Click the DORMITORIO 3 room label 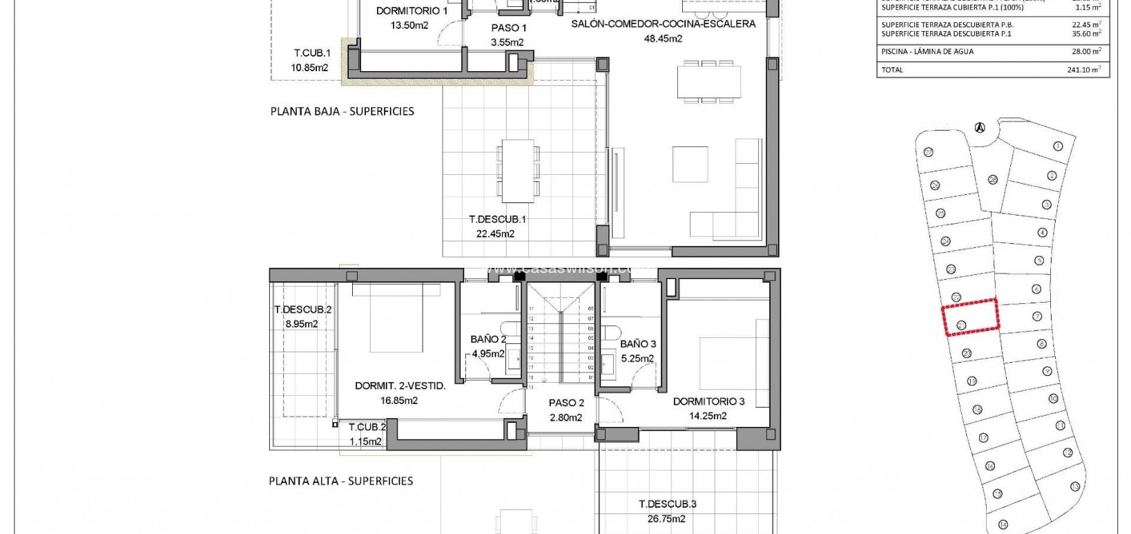(708, 401)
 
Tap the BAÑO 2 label (488, 339)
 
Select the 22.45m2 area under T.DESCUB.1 (495, 234)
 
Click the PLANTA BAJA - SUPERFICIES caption (342, 111)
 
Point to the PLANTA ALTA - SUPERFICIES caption (341, 481)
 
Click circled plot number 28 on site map (993, 180)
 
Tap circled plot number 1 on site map (1058, 146)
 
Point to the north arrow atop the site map (978, 127)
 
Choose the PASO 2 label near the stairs (566, 403)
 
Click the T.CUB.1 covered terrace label (312, 53)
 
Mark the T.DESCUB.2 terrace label (302, 309)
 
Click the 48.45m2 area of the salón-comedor (663, 39)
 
